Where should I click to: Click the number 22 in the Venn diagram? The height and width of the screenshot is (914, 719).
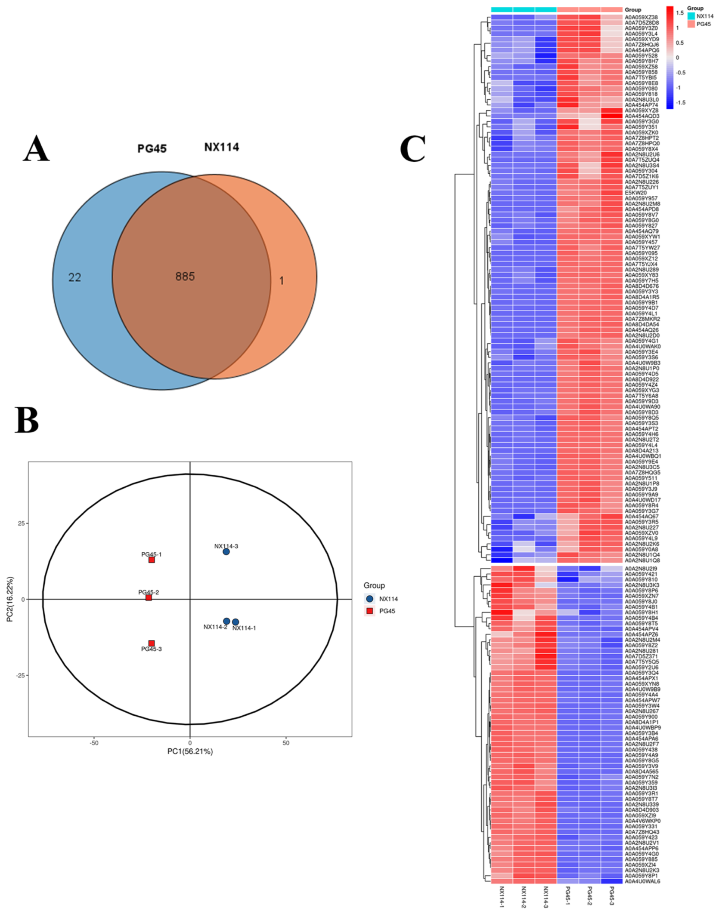point(74,277)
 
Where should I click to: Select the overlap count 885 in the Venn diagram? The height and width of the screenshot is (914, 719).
point(185,277)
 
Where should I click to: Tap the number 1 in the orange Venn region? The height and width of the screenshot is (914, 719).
point(282,281)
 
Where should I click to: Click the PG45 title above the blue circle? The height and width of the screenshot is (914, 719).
point(152,149)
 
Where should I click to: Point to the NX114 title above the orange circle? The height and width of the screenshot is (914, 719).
point(221,147)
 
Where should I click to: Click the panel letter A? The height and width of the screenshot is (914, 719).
point(36,149)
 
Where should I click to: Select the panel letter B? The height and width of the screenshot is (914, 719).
point(27,420)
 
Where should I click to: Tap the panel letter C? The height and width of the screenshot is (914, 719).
point(412,149)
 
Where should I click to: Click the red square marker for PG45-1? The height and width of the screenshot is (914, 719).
point(152,560)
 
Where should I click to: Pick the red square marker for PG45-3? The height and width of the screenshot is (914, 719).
point(152,643)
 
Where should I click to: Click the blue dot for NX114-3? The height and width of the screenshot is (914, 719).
point(226,551)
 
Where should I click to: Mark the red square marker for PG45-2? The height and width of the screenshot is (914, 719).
point(149,598)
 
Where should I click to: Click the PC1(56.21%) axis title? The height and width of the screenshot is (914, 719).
point(190,751)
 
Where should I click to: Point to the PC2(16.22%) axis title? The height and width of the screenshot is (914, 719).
point(10,599)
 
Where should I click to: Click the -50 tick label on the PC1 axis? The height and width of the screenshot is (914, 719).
point(94,743)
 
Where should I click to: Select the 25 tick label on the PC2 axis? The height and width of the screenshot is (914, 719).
point(21,523)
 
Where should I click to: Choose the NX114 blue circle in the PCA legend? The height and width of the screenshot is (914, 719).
point(369,599)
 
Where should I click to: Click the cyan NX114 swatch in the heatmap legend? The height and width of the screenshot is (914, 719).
point(691,16)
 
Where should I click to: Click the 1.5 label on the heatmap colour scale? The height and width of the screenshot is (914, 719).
point(680,13)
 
